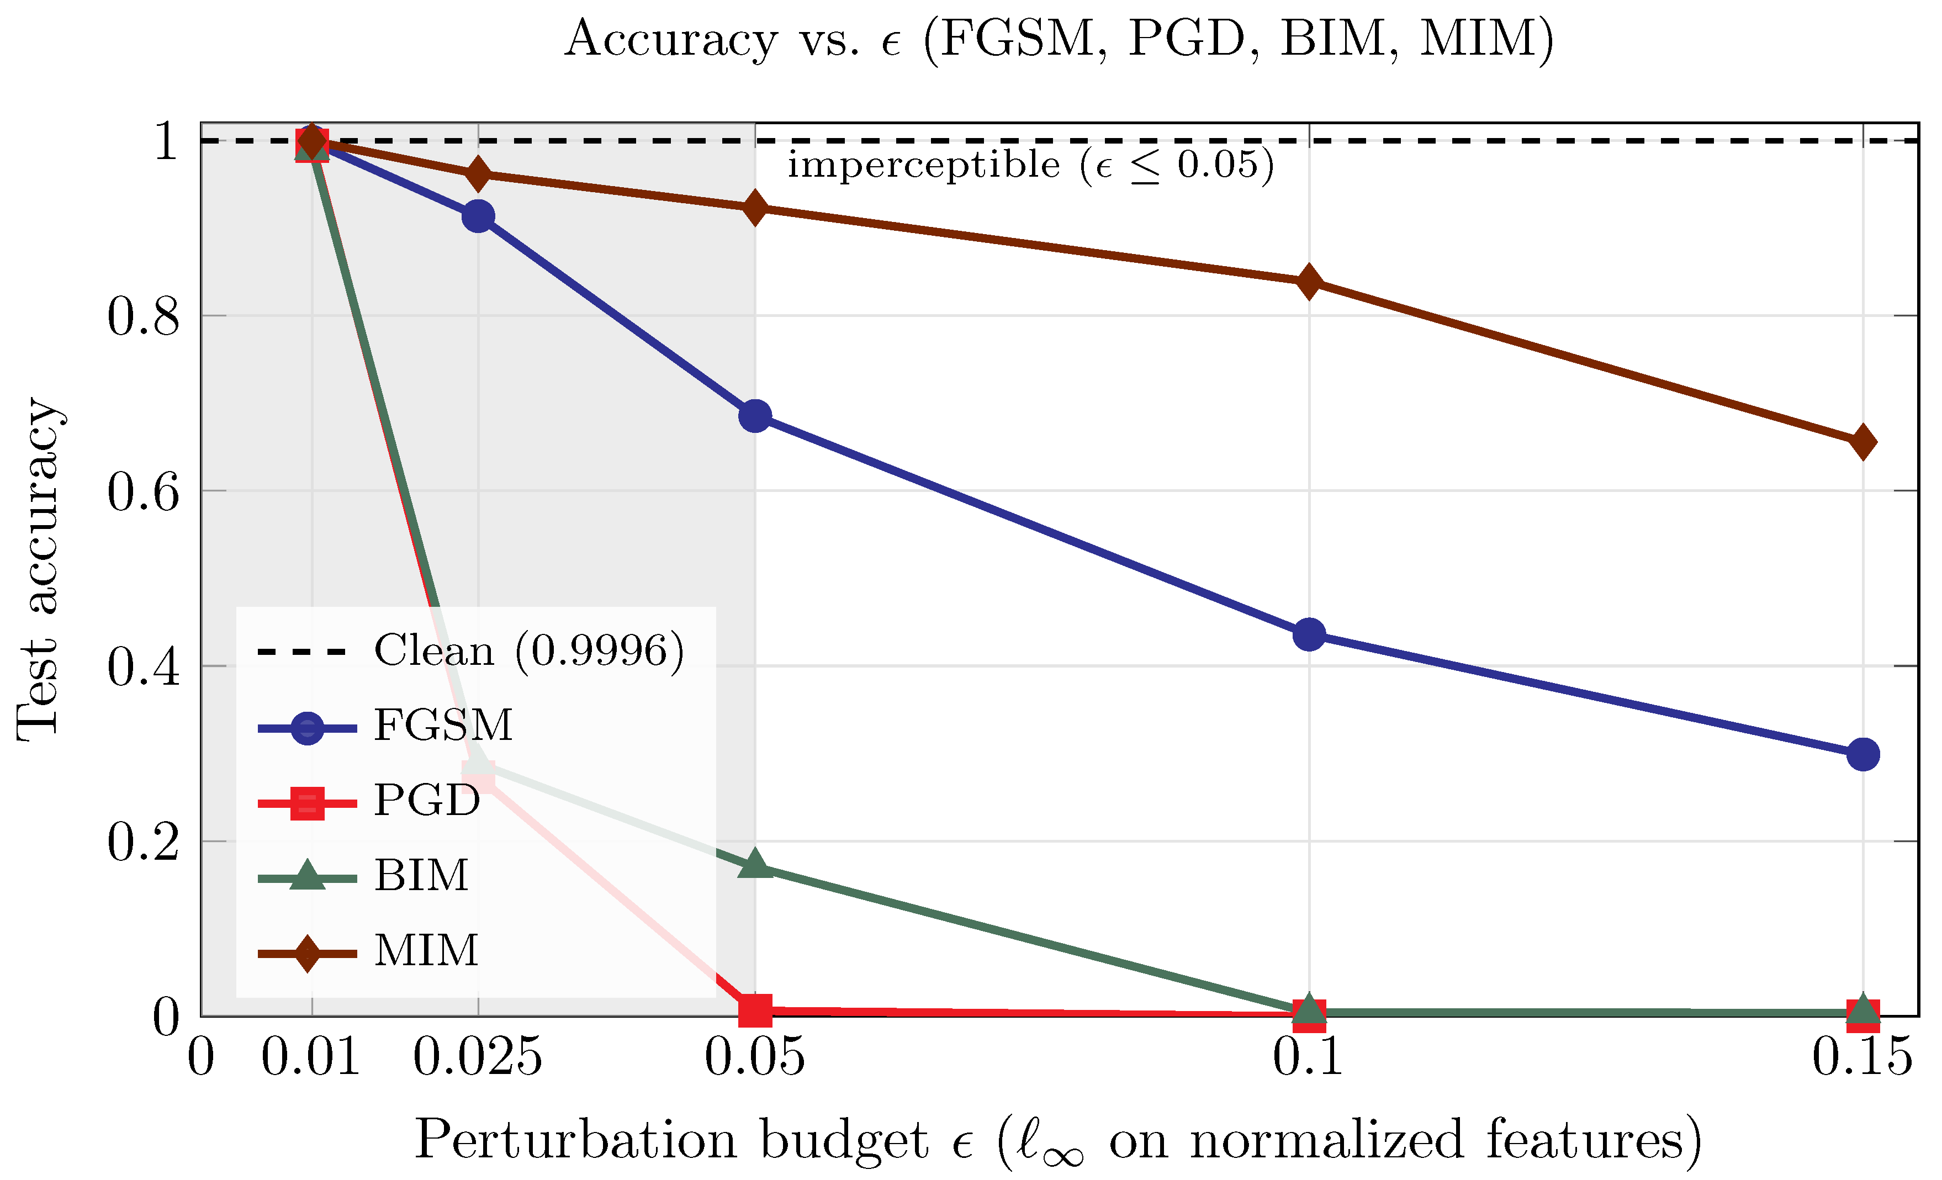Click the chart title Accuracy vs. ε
tap(1059, 39)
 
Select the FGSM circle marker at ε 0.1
tap(1309, 634)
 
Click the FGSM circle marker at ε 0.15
tap(1863, 754)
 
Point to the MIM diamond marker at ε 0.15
tap(1863, 442)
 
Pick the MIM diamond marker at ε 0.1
tap(1309, 282)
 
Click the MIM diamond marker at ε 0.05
tap(755, 208)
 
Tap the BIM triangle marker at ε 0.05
tap(755, 865)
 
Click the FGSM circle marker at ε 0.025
tap(478, 216)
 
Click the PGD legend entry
tap(426, 801)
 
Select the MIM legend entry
tap(426, 951)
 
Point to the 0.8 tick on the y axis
tap(144, 317)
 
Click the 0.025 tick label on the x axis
tap(478, 1057)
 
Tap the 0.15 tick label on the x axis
tap(1861, 1057)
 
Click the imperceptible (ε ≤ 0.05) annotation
tap(1030, 166)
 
